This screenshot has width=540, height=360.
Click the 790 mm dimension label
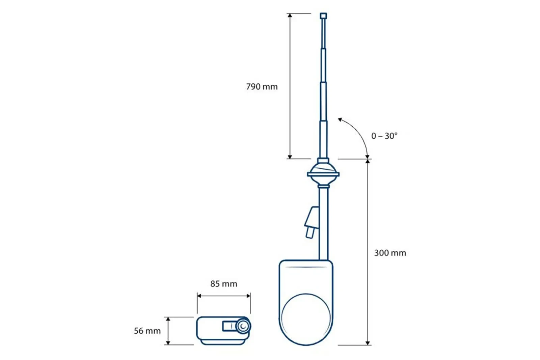click(x=262, y=86)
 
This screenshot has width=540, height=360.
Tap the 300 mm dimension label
click(x=390, y=253)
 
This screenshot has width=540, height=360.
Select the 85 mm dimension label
click(x=224, y=284)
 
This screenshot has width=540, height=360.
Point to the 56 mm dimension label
click(x=147, y=331)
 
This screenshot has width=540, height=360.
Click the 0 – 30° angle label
click(x=384, y=136)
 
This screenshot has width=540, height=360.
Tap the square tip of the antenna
click(x=324, y=16)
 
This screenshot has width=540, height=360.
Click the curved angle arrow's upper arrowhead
click(x=340, y=119)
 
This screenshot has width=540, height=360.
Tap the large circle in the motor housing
click(x=306, y=319)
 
